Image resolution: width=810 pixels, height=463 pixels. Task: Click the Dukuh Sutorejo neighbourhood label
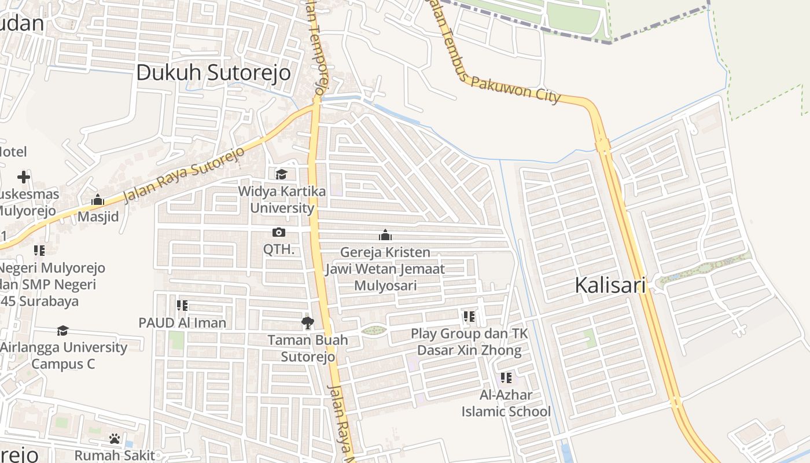tap(213, 74)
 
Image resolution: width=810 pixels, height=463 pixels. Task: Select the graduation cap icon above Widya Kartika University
tap(281, 174)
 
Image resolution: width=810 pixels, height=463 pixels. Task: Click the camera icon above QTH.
tap(279, 233)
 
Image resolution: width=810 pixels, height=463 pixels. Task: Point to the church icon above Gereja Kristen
tap(385, 235)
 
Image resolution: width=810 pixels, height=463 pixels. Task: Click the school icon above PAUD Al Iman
tap(182, 306)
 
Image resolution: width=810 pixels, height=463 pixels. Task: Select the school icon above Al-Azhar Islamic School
tap(506, 379)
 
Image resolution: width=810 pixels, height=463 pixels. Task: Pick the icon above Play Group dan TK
tap(469, 317)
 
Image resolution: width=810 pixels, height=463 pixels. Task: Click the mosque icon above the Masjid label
tap(98, 200)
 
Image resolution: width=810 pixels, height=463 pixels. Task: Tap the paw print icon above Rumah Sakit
tap(115, 439)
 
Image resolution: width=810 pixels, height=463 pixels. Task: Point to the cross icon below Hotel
tap(24, 177)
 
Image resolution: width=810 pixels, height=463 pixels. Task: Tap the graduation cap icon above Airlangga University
tap(62, 330)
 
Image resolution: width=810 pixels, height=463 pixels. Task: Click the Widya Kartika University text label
tap(282, 200)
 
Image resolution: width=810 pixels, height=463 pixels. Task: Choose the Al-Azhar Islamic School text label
tap(506, 403)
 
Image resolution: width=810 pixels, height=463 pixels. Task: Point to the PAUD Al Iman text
tap(182, 323)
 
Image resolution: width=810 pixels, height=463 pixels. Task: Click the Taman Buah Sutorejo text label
tap(308, 348)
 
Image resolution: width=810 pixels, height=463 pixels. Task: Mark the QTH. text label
tap(279, 250)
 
